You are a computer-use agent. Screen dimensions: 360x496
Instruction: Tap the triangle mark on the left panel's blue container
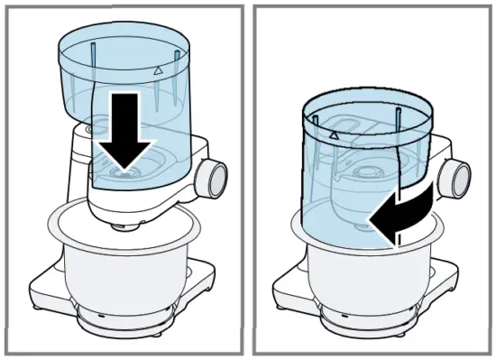(158, 69)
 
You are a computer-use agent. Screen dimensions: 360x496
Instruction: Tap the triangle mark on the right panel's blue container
(334, 134)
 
